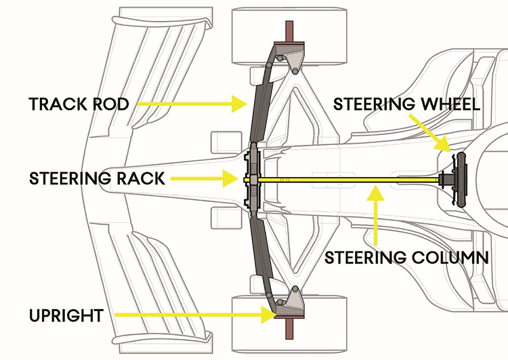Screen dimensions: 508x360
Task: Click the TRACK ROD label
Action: [x=79, y=104]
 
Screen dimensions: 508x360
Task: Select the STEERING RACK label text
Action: [x=97, y=178]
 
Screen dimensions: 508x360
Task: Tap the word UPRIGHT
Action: [x=66, y=315]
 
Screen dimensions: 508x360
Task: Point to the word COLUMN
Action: [x=450, y=258]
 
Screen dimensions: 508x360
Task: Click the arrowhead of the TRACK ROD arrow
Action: [x=239, y=104]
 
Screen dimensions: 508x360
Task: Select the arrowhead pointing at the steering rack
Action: [x=231, y=178]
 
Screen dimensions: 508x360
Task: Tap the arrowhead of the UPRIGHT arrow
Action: [x=269, y=315]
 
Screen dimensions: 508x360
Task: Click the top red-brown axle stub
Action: [x=289, y=32]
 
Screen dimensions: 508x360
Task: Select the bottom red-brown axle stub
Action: [x=289, y=328]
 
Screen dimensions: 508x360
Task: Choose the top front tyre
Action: [x=289, y=36]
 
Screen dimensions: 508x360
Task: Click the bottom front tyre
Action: [x=289, y=324]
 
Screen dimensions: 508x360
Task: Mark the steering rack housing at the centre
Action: [x=253, y=180]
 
